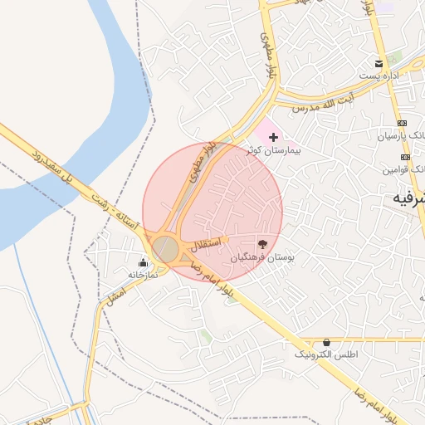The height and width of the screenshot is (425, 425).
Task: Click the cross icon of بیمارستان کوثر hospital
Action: (x=273, y=136)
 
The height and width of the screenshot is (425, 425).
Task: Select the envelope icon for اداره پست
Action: (x=379, y=63)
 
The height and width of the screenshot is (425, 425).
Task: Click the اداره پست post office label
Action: (x=379, y=76)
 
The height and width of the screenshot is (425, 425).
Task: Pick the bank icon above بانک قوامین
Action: (x=405, y=157)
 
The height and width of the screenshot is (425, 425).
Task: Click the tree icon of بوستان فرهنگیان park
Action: (x=263, y=244)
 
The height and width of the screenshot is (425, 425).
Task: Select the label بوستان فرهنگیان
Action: (x=257, y=258)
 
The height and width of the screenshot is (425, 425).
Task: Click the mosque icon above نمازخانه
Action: (x=139, y=262)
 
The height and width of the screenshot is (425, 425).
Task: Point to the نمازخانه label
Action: (x=138, y=274)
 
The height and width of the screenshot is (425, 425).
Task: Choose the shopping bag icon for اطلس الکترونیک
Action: (x=326, y=342)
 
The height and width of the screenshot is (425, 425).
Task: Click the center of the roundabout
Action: (x=166, y=248)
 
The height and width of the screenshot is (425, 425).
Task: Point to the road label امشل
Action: (x=117, y=290)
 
